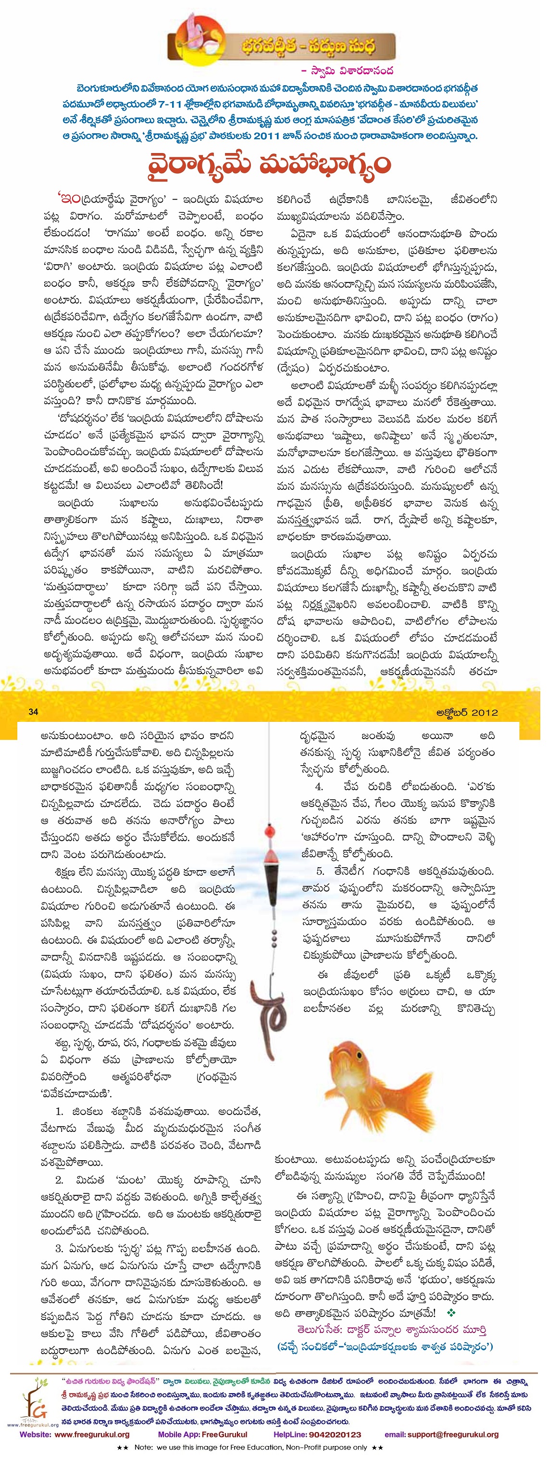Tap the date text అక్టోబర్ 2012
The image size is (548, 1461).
tap(467, 712)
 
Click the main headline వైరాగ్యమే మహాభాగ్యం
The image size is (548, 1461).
tap(270, 165)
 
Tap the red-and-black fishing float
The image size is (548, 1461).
tap(271, 865)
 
